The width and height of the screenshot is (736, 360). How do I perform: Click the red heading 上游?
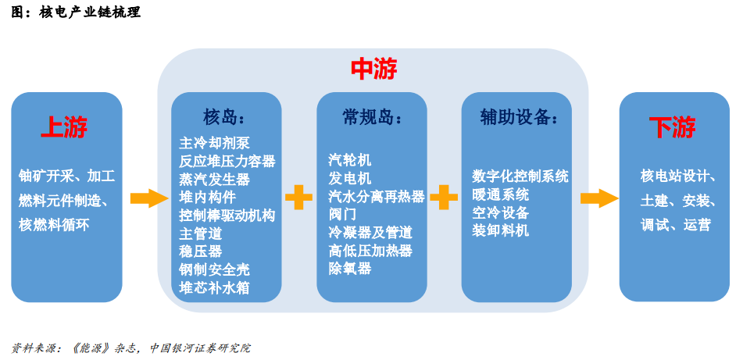coord(64,127)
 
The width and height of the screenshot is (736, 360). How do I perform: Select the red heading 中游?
coord(373,70)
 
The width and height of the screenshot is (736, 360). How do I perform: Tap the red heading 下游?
coord(672,127)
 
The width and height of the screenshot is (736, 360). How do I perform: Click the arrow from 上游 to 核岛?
coord(149,198)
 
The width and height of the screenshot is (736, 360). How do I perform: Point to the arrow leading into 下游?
coord(599,198)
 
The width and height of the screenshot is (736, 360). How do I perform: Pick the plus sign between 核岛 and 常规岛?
coord(299,198)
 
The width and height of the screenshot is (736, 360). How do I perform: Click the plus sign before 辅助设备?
coord(444,198)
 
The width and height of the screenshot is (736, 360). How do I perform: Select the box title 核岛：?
coord(224,117)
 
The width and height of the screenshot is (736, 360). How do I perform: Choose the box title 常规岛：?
coord(372,117)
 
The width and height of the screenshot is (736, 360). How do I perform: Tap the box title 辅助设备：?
coord(518,117)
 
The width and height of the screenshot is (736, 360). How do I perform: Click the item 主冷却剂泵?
coord(214,143)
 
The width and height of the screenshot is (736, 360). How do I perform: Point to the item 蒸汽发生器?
coord(214,179)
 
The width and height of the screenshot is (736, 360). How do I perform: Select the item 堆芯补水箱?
coord(214,287)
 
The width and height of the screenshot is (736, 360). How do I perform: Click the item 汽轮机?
coord(350,160)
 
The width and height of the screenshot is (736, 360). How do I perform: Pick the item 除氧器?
coord(350,269)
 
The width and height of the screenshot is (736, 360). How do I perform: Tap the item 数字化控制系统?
coord(520,176)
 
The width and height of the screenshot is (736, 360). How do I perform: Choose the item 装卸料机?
coord(500,230)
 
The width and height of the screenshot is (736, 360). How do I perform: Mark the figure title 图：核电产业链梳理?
coord(76,12)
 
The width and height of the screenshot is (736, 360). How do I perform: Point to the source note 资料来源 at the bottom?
coord(130,348)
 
